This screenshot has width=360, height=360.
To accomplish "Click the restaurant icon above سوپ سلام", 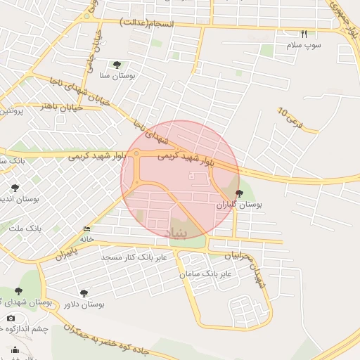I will (304, 34).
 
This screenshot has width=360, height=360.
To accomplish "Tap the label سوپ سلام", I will (303, 45).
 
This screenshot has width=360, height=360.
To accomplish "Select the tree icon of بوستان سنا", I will (126, 65).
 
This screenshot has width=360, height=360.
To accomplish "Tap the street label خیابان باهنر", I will (63, 107).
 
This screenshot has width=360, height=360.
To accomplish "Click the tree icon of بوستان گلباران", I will (239, 193).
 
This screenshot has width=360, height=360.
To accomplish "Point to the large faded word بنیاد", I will (176, 233).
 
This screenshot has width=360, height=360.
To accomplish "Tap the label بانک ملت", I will (25, 229).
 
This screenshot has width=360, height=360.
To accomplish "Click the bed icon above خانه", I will (86, 229).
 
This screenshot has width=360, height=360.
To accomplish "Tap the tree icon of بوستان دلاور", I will (84, 292).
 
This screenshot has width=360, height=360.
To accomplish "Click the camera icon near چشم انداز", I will (11, 318).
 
